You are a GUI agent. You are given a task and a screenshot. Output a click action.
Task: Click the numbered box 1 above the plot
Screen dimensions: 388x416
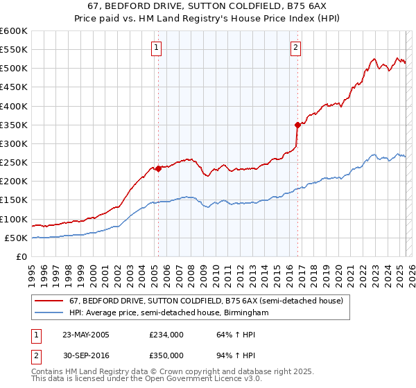157,48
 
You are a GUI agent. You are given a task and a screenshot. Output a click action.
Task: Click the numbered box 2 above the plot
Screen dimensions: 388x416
295,48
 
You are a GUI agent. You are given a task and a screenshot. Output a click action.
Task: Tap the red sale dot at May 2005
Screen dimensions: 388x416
158,168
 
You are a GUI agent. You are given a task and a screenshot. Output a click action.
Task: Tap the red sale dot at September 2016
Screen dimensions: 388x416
297,125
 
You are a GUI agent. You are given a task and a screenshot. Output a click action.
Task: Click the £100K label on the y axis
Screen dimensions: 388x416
14,219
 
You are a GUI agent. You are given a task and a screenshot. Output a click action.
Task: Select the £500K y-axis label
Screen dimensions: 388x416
14,69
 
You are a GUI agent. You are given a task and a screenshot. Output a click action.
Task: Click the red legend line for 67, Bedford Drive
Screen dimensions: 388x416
49,301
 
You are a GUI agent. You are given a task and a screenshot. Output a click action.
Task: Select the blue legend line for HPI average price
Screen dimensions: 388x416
49,313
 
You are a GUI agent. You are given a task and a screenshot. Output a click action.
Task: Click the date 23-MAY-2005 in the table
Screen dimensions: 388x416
86,335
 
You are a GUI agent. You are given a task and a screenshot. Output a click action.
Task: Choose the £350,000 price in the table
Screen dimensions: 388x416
166,355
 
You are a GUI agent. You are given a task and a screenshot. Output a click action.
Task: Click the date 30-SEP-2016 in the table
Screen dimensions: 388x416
86,355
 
